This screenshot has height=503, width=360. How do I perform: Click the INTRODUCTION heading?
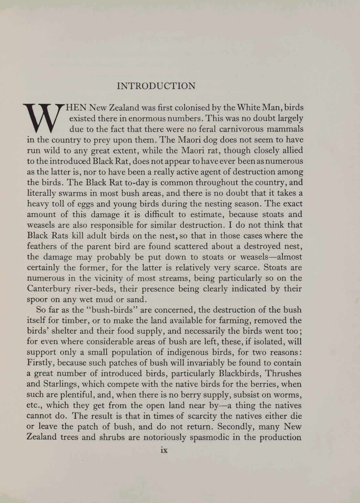tap(156, 86)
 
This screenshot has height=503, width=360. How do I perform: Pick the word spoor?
tap(37, 299)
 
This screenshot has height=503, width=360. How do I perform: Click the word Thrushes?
tap(283, 373)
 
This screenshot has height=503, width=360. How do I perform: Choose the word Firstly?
tap(41, 363)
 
